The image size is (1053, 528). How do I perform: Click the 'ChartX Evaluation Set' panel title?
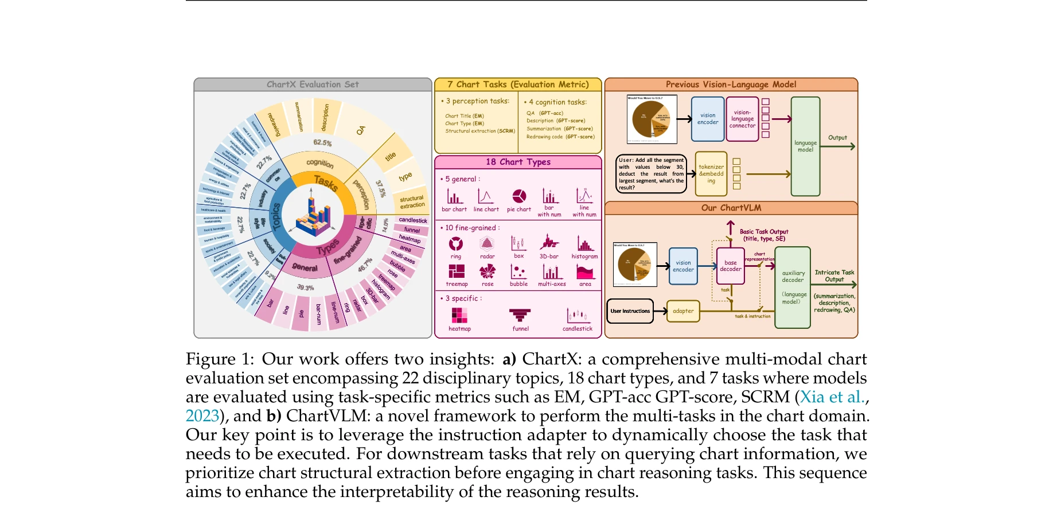coord(313,84)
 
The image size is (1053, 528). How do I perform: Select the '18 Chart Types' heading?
coord(518,162)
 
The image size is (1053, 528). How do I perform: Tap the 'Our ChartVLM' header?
coord(731,208)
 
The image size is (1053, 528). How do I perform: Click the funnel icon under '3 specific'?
coord(520,315)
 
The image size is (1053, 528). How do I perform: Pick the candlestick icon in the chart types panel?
coord(577,315)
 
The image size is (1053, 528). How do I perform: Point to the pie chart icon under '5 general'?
coord(519,196)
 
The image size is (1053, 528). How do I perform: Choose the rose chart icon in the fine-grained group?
coord(487,271)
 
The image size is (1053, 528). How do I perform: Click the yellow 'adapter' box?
coord(683,311)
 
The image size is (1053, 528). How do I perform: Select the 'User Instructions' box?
coord(630,311)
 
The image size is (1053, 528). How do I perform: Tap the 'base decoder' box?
coord(730,266)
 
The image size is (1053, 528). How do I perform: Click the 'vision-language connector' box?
coord(742,119)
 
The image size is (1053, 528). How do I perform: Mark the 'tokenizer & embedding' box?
coord(711,173)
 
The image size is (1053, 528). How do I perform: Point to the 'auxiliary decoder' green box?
coord(793,287)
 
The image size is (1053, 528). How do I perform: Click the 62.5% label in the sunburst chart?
coord(322,142)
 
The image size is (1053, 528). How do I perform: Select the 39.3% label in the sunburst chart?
coord(305,287)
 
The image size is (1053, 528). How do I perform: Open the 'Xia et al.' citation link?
coord(832,397)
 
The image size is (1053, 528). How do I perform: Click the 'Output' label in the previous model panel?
coord(837,138)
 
